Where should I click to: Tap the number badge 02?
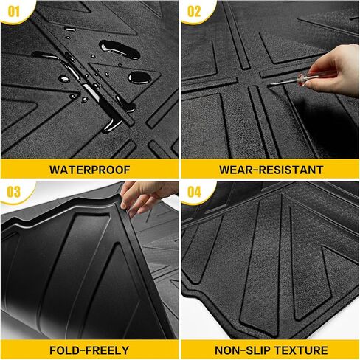[x=193, y=11]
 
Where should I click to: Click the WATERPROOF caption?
[x=89, y=169]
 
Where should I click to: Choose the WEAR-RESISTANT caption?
[x=271, y=169]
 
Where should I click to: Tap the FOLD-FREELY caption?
[x=89, y=350]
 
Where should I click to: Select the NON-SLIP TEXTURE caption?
[x=271, y=350]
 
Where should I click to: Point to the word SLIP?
[x=258, y=350]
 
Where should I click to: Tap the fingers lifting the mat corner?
[x=142, y=197]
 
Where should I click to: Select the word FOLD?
[x=67, y=350]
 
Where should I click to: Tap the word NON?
[x=229, y=350]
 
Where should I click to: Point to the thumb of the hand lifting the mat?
[x=133, y=209]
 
